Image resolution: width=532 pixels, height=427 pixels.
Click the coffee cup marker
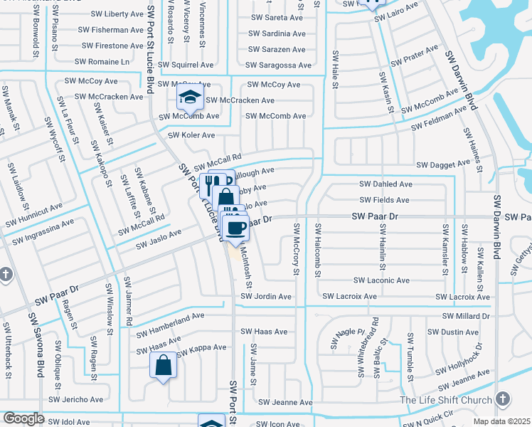click(236, 228)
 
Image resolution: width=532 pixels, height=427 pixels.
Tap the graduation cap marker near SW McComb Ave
click(189, 97)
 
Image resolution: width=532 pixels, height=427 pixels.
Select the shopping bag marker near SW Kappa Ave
click(163, 366)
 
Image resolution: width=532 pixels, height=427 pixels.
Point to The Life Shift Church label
click(445, 399)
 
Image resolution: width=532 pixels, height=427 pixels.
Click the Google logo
click(23, 418)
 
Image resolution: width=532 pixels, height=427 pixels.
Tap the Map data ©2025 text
click(502, 421)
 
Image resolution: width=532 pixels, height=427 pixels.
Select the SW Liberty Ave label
click(117, 14)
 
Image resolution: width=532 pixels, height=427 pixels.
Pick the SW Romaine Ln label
click(106, 62)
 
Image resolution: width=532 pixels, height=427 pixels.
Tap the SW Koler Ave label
click(191, 135)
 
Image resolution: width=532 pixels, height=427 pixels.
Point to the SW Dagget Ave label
click(443, 164)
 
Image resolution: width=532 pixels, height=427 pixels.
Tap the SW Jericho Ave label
click(82, 399)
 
